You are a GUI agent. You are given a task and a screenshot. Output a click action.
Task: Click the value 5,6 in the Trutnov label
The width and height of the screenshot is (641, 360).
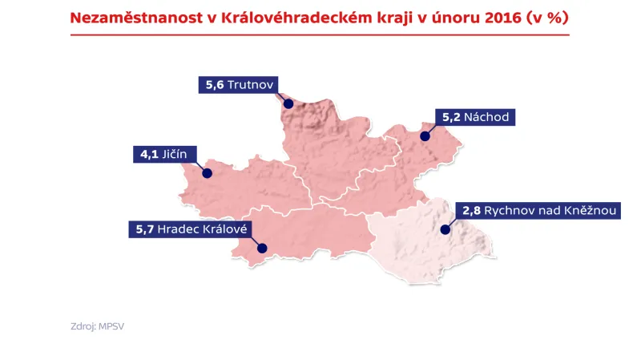click(x=214, y=84)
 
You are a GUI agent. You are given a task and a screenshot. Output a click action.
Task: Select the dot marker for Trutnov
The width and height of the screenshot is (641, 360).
click(x=288, y=102)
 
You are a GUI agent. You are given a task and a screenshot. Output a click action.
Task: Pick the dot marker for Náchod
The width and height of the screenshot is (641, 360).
click(x=425, y=136)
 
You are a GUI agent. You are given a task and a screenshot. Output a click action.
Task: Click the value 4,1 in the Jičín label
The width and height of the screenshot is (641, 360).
click(x=149, y=154)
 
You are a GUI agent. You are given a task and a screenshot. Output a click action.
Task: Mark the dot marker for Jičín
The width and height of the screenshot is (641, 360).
click(x=207, y=172)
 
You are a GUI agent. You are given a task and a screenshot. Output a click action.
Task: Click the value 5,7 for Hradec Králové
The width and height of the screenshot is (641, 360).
click(x=144, y=229)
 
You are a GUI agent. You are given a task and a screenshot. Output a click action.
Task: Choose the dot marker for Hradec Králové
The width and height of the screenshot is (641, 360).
click(x=260, y=249)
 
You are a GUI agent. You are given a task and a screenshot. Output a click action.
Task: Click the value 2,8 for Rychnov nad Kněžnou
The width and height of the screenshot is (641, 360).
click(x=470, y=212)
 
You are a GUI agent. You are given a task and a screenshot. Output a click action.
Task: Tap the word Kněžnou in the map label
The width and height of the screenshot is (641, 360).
click(x=590, y=212)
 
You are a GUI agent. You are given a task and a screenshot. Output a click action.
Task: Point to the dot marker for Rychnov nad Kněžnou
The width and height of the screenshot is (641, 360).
click(x=445, y=230)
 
